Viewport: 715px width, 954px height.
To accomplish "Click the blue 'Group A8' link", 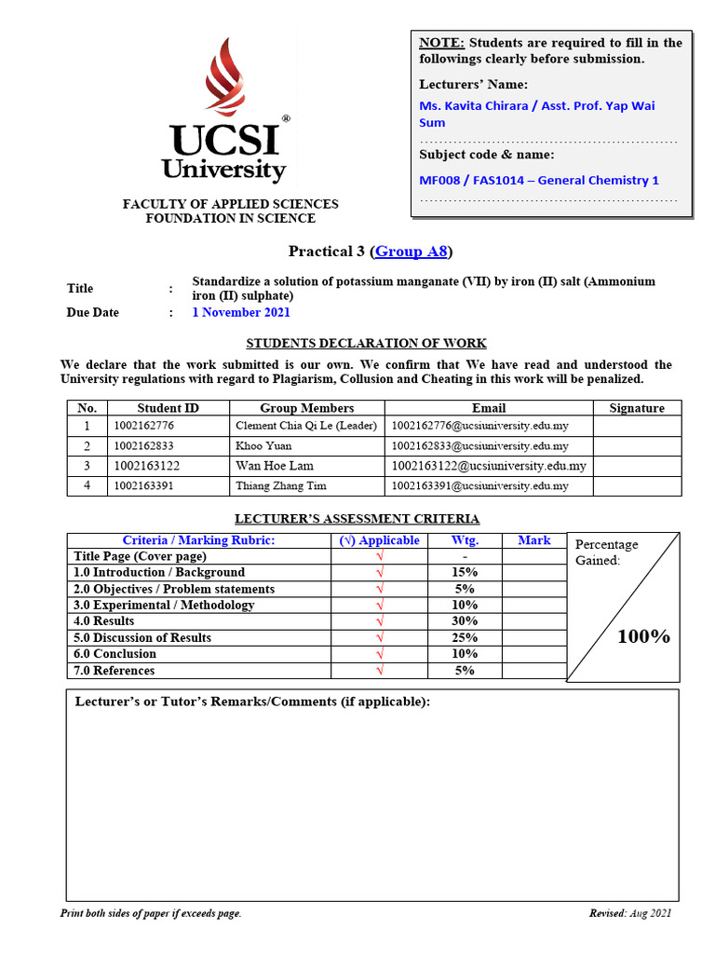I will click(x=411, y=252).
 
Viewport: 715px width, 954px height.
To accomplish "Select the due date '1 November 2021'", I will click(x=241, y=313).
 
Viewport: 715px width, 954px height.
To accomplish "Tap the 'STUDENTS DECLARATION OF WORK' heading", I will click(x=366, y=344).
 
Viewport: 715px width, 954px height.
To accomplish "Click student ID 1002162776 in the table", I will click(x=143, y=426).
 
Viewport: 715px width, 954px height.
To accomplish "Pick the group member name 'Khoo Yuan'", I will click(x=263, y=446).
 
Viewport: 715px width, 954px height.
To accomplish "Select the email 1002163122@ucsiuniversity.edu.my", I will click(x=489, y=466).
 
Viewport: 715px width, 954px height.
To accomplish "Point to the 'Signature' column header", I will click(x=637, y=408).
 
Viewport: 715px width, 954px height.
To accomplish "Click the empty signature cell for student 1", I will click(x=637, y=426).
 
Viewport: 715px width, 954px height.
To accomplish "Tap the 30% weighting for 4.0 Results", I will click(x=464, y=621).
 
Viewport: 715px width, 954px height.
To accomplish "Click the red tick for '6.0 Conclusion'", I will click(x=379, y=654).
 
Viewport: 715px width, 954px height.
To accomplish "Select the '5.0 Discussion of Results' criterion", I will click(x=142, y=638).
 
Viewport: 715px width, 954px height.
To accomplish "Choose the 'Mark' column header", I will click(x=533, y=540).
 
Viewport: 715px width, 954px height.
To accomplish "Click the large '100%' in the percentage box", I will click(x=644, y=636).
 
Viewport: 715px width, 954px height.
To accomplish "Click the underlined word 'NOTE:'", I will click(x=441, y=43).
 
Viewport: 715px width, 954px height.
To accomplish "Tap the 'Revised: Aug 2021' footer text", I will click(x=629, y=913).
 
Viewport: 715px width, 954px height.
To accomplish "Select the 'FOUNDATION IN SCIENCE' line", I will click(x=230, y=219).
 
